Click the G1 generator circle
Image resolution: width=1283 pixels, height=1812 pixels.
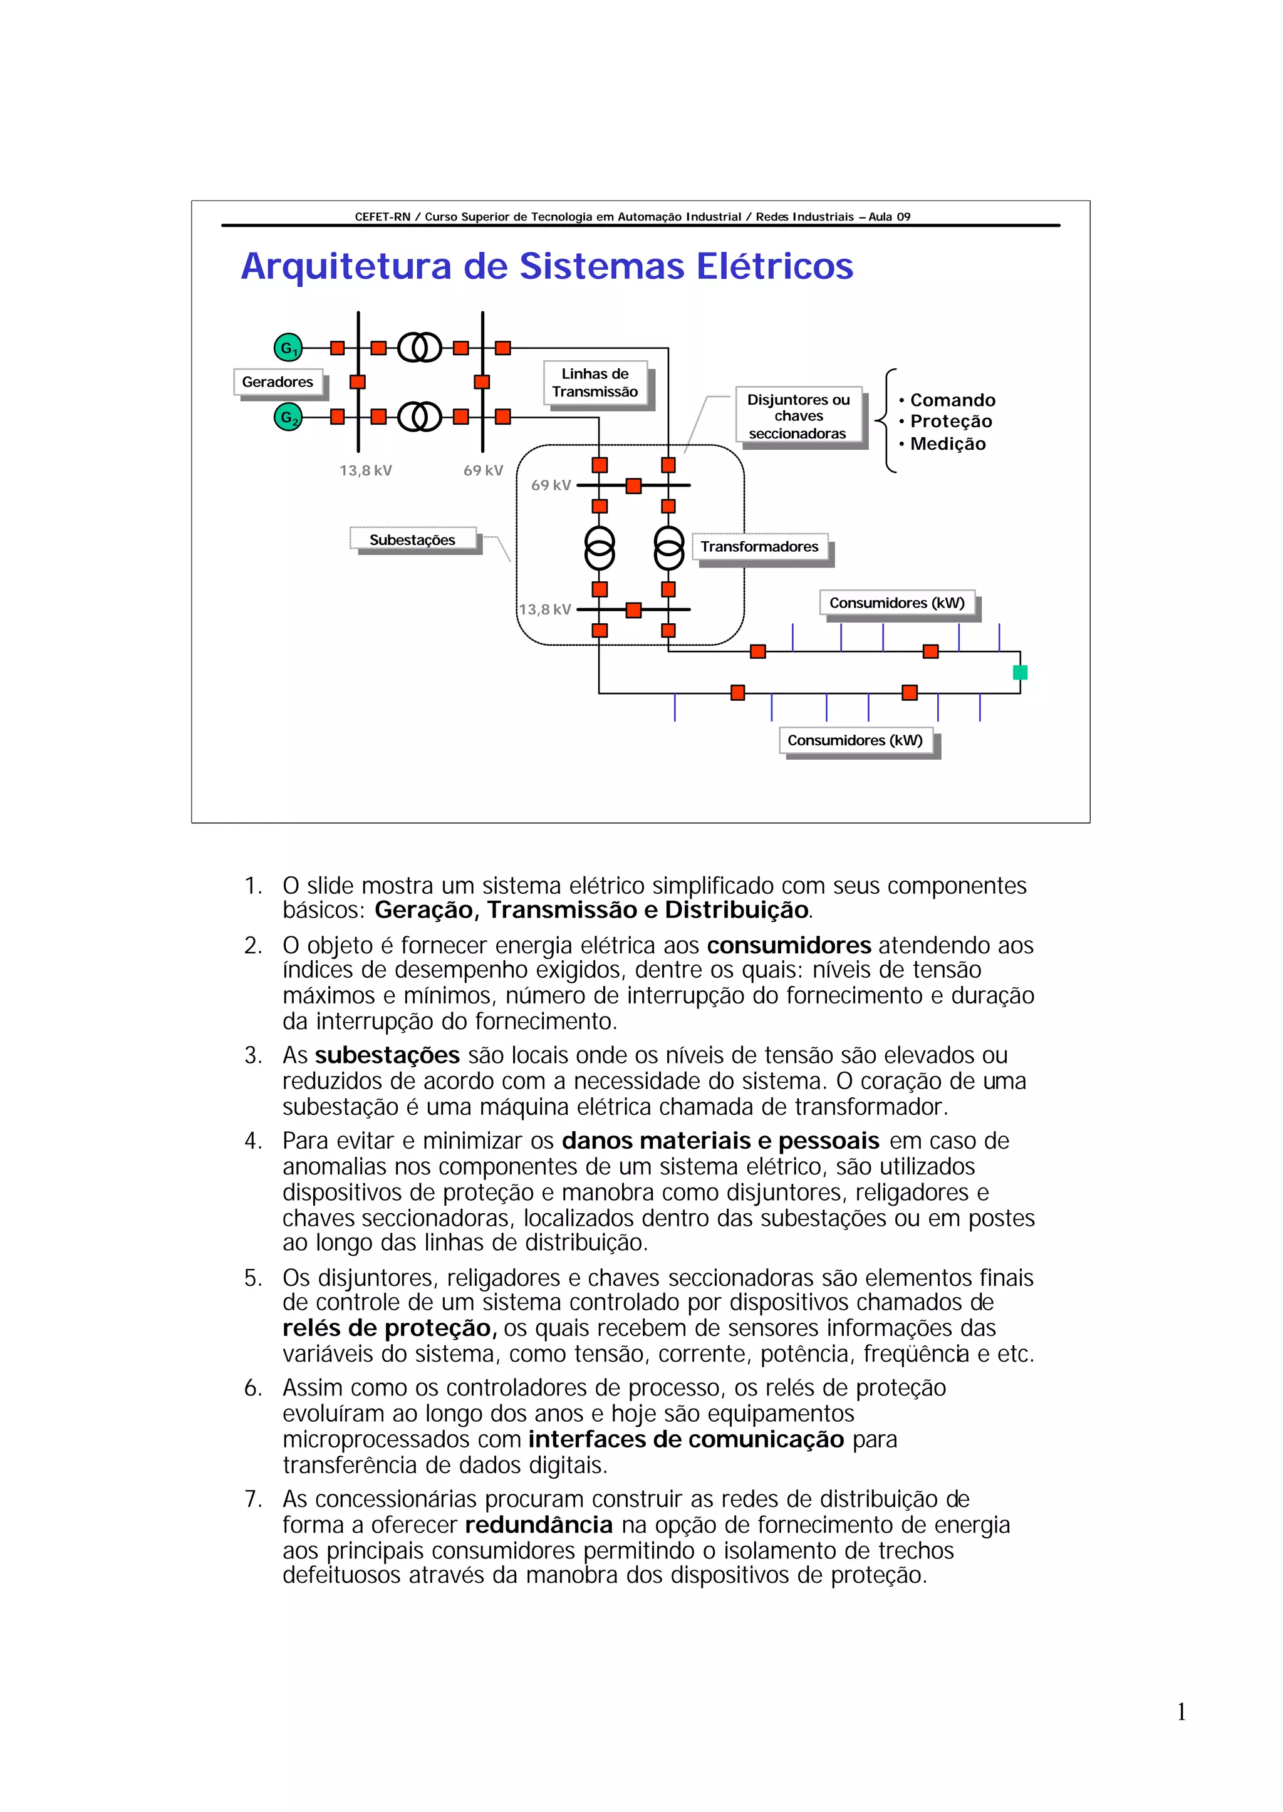288,348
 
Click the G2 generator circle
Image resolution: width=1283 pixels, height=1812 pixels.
288,417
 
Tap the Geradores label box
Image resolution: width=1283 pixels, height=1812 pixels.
278,382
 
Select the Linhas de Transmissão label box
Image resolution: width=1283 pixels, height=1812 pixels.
595,383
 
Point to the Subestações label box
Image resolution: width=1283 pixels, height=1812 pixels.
412,539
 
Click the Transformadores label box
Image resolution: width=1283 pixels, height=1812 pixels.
759,547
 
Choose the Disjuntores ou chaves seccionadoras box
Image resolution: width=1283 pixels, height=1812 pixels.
798,417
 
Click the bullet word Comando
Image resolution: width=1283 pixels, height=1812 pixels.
952,400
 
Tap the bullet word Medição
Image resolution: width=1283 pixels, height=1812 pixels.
947,444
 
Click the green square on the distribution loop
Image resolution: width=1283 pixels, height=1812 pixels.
1020,672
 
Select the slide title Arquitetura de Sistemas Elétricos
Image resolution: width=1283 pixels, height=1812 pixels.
547,266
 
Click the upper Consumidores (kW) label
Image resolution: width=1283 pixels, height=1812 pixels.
896,603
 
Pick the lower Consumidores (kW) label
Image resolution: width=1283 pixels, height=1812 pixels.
854,741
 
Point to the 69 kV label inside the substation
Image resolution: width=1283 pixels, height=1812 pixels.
551,485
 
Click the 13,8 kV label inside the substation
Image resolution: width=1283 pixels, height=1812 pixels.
545,609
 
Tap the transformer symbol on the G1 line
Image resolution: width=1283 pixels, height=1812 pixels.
420,348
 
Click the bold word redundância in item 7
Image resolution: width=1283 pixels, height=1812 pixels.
539,1525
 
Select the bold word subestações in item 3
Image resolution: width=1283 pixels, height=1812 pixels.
387,1055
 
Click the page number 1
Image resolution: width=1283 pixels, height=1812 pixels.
1181,1712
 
